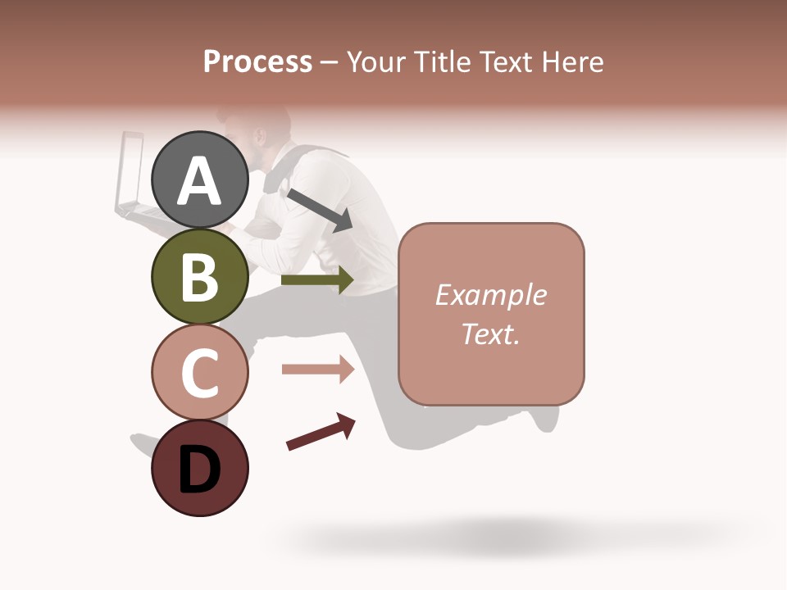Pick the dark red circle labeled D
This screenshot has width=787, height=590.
tap(200, 468)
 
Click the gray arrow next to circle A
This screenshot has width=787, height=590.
tap(320, 210)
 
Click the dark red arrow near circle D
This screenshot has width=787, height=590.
tap(321, 432)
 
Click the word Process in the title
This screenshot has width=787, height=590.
tap(257, 61)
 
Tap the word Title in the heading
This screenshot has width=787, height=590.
tap(442, 61)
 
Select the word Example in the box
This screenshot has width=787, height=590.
tap(491, 295)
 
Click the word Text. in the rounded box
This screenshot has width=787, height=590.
tap(491, 334)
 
